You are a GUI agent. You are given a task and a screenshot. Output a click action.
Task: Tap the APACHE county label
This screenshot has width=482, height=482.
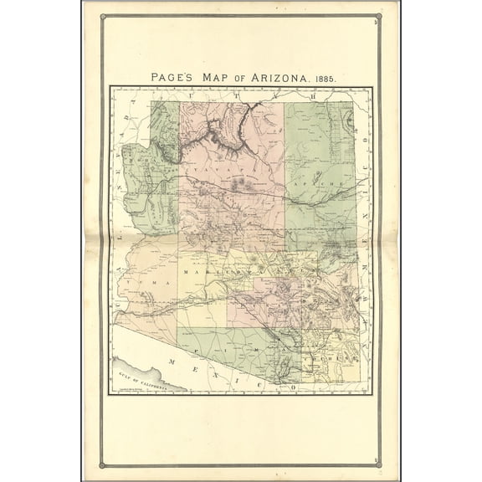coord(328,182)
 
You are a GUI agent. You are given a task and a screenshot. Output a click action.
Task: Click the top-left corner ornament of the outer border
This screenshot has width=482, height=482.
coord(102,15)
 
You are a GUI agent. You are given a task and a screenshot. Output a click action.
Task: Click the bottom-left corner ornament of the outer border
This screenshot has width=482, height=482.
coord(102,464)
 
